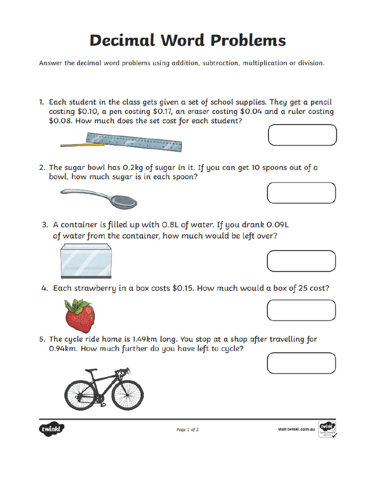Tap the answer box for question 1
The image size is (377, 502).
pyautogui.click(x=302, y=135)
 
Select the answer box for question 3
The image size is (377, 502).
pyautogui.click(x=301, y=260)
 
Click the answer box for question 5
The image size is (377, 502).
pyautogui.click(x=301, y=363)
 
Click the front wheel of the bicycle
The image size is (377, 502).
pyautogui.click(x=129, y=393)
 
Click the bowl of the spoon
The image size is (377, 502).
pyautogui.click(x=125, y=201)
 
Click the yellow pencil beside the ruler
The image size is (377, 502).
pyautogui.click(x=83, y=145)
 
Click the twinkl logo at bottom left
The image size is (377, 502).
pyautogui.click(x=52, y=429)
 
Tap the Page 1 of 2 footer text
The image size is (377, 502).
pyautogui.click(x=188, y=430)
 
